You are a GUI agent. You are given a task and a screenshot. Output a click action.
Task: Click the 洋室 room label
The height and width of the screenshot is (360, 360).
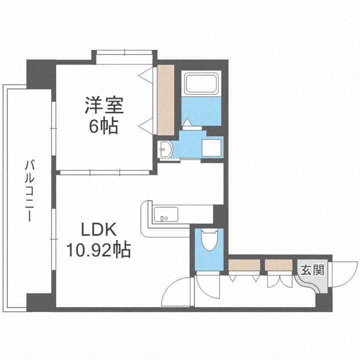tap(104, 105)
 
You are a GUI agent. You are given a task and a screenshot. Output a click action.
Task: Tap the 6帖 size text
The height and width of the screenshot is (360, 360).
tap(103, 126)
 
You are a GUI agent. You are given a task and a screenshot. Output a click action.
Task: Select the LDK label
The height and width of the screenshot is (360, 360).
tap(98, 229)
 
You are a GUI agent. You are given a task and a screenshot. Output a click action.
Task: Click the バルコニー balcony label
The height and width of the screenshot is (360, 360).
tap(29, 191)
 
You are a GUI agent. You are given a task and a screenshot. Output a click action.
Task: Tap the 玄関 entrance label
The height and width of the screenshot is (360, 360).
tap(312, 270)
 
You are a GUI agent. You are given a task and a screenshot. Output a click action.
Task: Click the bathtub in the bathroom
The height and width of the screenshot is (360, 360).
tap(201, 83)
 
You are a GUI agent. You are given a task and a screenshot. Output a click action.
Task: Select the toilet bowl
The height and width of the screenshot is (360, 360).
tap(209, 240)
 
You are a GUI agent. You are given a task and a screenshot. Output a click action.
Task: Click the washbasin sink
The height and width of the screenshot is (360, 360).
tap(166, 149)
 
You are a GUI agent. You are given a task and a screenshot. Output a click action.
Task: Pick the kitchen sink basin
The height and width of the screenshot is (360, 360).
tap(166, 214)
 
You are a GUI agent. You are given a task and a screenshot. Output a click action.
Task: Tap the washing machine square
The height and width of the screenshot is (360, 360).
tap(211, 147)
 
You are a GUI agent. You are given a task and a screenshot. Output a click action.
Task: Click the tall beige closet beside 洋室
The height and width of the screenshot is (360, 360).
tap(166, 100)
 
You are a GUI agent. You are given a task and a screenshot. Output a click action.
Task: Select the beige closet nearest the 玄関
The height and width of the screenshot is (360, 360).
tap(278, 265)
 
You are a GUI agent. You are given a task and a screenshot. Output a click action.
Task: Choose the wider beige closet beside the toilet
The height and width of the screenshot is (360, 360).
tap(244, 265)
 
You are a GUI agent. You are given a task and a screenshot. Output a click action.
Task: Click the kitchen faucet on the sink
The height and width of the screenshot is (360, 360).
tap(162, 218)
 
